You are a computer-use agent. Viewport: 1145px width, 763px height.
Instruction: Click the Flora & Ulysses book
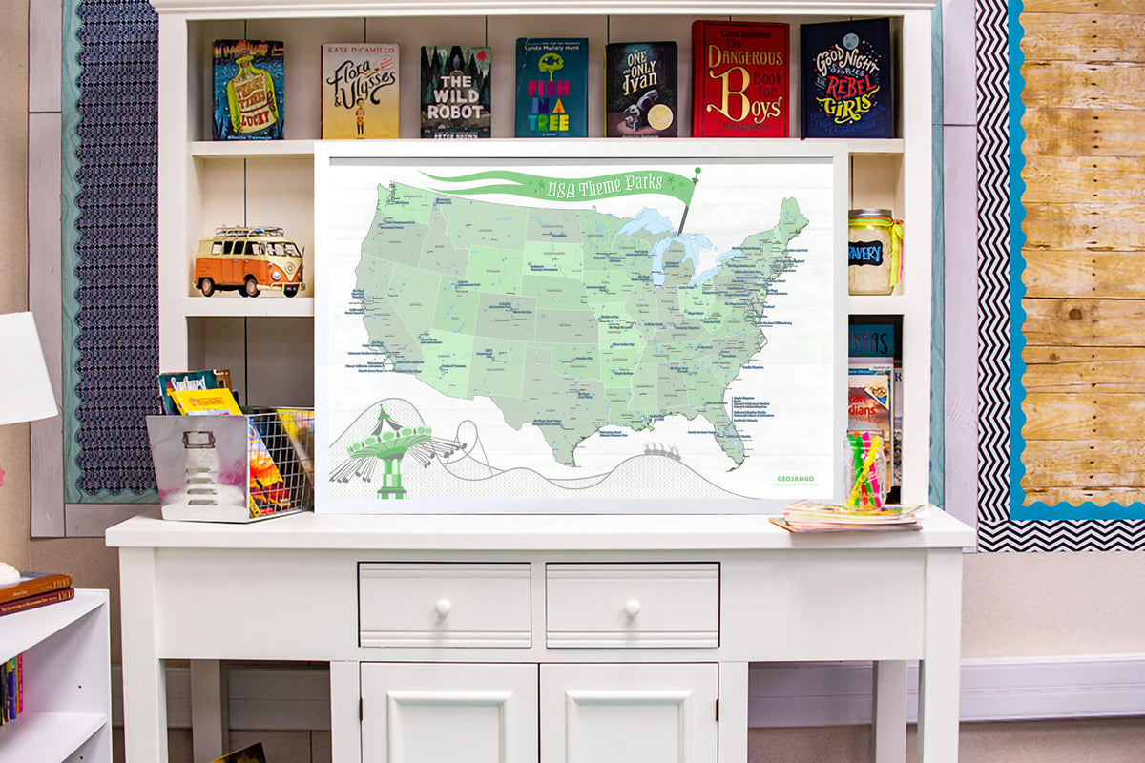point(360,91)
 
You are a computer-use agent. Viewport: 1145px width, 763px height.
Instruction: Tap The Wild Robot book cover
point(455,92)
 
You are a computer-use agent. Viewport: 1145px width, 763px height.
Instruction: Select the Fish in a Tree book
point(552,88)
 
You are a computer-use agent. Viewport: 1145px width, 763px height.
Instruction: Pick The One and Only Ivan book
point(641,89)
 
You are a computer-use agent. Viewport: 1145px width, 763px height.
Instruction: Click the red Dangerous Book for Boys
point(740,79)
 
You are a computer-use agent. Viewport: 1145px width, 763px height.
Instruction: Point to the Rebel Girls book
point(846,79)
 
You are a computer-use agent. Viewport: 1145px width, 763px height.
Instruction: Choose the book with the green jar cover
point(247,90)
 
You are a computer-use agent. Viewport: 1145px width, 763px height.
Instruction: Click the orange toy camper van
point(249,265)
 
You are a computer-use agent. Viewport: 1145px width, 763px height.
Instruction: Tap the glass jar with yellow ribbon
point(872,252)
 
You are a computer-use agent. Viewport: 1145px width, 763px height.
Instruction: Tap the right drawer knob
point(631,606)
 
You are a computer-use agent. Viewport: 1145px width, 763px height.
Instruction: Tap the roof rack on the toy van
point(248,232)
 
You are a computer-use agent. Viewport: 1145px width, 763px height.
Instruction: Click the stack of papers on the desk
point(847,516)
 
